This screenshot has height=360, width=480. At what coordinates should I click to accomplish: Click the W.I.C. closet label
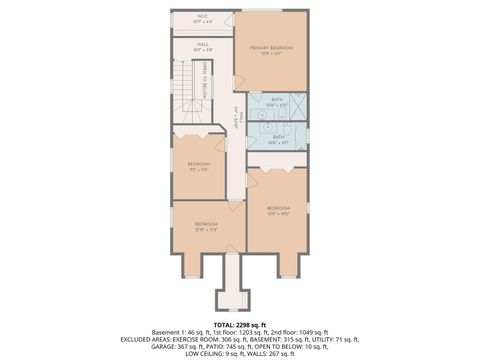pos(202,18)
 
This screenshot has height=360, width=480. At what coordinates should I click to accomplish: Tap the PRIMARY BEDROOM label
pos(271,50)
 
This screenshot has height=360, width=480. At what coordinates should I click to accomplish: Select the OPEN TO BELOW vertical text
pos(204,79)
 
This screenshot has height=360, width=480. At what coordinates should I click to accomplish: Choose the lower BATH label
pos(278,139)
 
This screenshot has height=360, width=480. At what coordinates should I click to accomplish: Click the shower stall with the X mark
pos(297,106)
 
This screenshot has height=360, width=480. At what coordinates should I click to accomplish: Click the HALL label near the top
pos(202,46)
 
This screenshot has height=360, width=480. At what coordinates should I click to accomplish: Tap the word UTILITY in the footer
pos(321,339)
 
